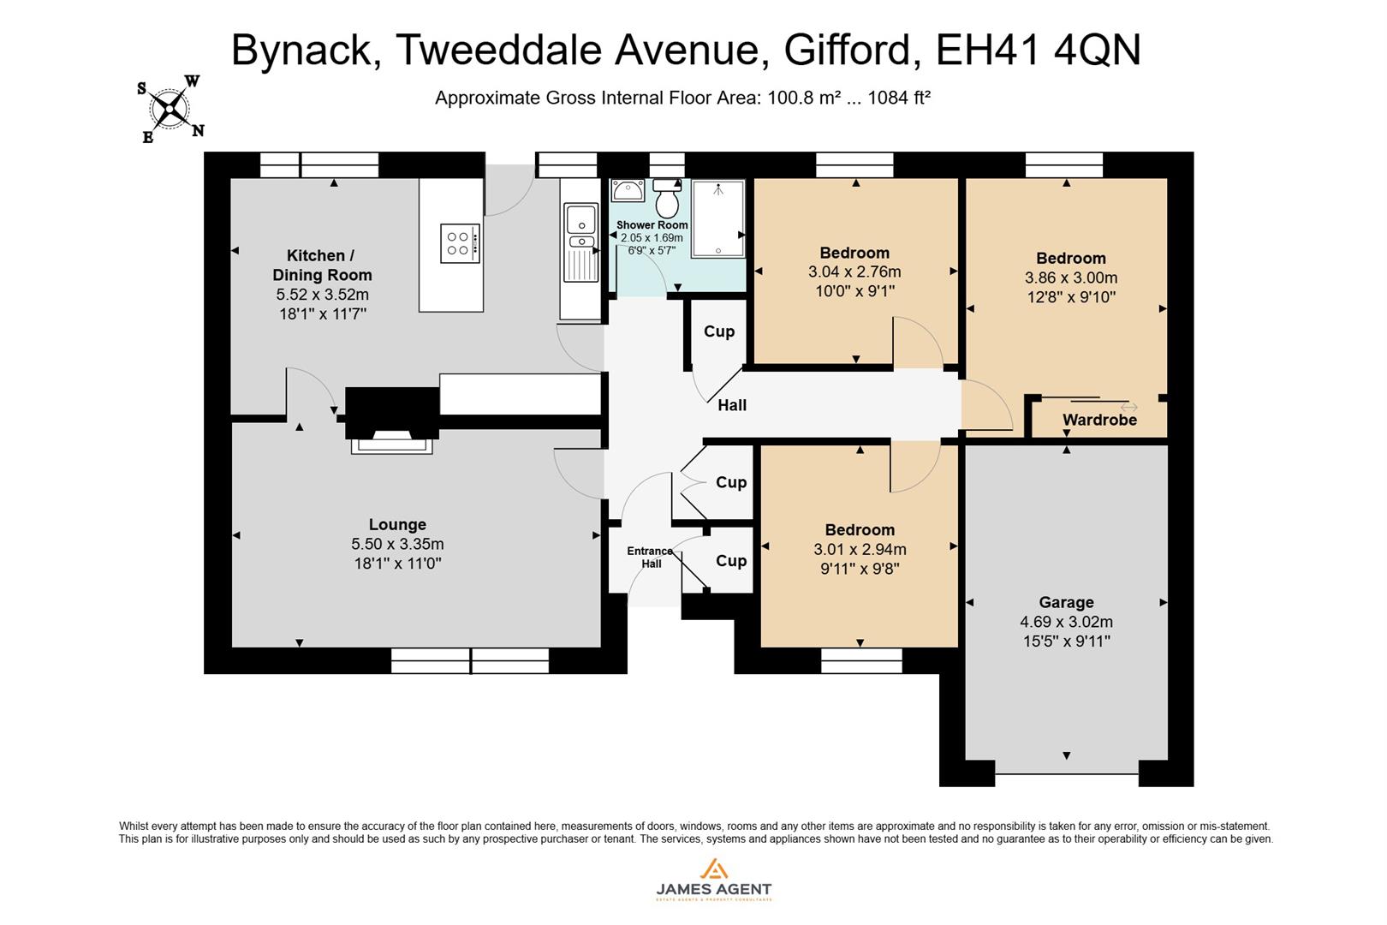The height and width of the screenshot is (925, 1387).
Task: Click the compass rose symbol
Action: coord(171,109)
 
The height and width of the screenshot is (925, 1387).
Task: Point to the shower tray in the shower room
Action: coord(718,218)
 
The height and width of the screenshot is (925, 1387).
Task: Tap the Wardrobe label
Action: coord(1099,420)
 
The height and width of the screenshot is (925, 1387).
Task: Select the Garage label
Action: coord(1066,602)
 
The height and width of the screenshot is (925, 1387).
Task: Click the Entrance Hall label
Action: coord(650,557)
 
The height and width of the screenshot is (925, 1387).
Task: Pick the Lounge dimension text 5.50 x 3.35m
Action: coord(397,544)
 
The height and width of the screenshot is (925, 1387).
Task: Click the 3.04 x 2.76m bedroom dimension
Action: coord(854,272)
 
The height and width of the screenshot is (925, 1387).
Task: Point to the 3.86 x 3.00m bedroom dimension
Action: coord(1070,277)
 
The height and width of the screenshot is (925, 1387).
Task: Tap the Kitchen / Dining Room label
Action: coord(322,265)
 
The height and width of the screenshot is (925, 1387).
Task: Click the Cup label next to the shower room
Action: coord(719,331)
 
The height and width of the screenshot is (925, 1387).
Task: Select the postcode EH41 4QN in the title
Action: coord(1039,50)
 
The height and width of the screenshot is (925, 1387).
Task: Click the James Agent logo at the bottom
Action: coord(713,880)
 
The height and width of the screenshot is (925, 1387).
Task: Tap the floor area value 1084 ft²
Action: coord(899,98)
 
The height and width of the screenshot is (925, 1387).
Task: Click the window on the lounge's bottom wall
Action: coord(470,660)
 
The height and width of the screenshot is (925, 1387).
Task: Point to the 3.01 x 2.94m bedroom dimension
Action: coord(860,549)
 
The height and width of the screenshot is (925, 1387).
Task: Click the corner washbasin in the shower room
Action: coord(628,190)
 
